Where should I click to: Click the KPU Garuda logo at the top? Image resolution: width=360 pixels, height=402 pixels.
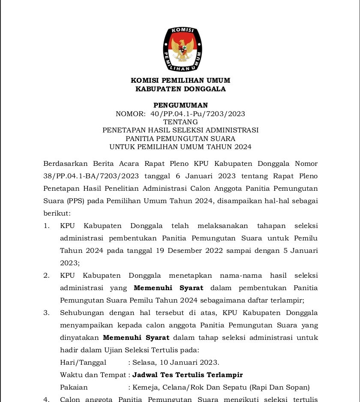180,49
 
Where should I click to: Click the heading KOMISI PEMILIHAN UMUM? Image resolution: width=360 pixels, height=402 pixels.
180,81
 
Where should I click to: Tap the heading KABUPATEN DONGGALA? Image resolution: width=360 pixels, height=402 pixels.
180,89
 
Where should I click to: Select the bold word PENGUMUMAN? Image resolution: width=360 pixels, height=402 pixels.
180,105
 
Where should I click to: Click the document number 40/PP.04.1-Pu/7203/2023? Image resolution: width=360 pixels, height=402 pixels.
198,114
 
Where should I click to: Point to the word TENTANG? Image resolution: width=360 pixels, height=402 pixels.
180,122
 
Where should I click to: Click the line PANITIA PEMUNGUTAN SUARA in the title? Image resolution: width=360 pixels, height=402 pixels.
180,138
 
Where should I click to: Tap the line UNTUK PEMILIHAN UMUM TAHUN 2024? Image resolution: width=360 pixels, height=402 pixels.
180,147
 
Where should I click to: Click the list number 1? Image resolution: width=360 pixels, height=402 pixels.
46,226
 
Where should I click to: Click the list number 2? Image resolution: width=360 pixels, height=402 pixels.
46,276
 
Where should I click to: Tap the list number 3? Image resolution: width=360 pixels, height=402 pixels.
46,313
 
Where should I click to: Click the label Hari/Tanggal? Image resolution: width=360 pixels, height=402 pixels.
83,363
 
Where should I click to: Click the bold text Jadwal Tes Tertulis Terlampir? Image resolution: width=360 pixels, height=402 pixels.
188,375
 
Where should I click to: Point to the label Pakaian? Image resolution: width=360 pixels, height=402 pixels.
74,387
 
